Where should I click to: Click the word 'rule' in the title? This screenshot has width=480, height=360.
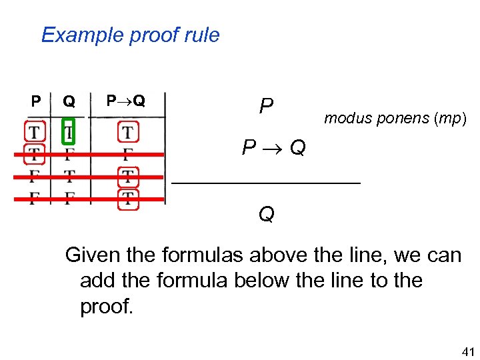(x=204, y=35)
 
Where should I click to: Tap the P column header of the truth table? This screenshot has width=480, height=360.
(x=36, y=101)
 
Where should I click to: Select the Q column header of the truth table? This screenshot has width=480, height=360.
(x=69, y=101)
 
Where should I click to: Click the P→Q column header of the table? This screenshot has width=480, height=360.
(x=126, y=101)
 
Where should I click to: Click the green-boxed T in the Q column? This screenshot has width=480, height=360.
(x=69, y=131)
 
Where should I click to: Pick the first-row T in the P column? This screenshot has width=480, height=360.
(x=34, y=131)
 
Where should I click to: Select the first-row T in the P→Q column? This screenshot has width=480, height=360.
(x=127, y=131)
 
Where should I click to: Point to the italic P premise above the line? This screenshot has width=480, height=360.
(x=266, y=105)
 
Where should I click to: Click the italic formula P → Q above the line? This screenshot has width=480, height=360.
(x=274, y=147)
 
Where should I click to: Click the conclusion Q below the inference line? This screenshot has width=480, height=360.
(x=266, y=214)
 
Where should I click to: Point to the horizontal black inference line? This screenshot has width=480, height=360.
(x=266, y=181)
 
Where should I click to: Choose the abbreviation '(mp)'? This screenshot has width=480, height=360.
(x=451, y=119)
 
